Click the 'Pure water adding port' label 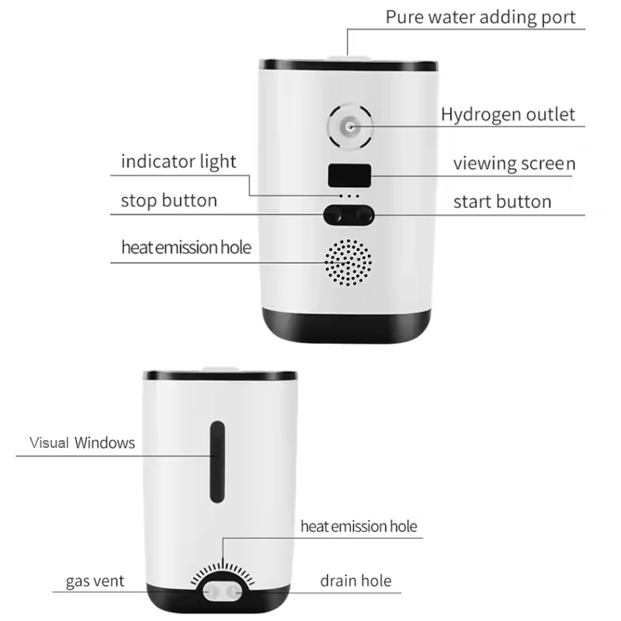pos(480,17)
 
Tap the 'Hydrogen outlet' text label pos(508,114)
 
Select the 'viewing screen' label pos(514,164)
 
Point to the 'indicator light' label pos(179,161)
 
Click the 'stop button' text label pos(169,200)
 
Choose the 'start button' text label pos(502,202)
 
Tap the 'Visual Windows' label pos(82,442)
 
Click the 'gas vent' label pos(95,581)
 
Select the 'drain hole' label pos(356,581)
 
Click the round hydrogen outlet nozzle pos(350,127)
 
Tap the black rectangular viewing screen pos(349,175)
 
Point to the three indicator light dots pos(349,196)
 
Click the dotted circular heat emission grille pos(348,262)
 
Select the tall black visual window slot pos(217,462)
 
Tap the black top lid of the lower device pos(220,376)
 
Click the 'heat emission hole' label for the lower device pos(359,526)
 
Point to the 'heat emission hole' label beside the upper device pos(186,248)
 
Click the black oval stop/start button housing pos(349,215)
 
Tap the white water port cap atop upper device pos(348,58)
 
